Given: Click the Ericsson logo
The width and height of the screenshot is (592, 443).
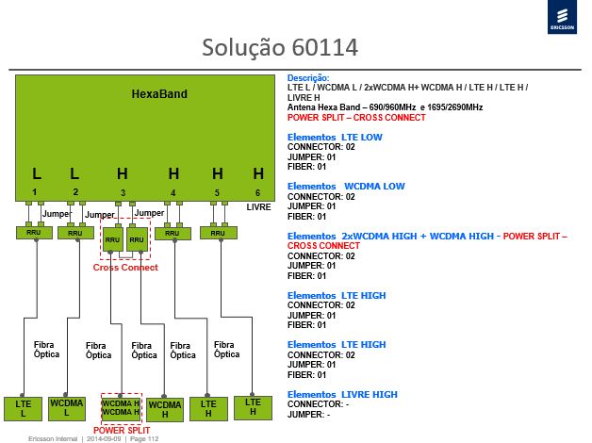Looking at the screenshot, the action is (x=562, y=17).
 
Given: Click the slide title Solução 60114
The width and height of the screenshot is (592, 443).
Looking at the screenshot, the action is (x=280, y=47).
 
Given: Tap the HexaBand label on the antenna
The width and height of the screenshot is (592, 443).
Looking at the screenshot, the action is (x=159, y=94).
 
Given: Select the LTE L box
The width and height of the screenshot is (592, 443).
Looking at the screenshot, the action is (x=23, y=409).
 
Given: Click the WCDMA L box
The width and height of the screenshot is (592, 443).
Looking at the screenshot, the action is (x=67, y=408).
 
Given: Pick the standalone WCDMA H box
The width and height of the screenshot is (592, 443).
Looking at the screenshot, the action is (x=165, y=410).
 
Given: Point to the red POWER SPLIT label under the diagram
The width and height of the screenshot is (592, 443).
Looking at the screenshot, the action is (x=122, y=430).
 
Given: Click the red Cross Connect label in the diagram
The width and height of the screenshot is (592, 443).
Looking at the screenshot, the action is (x=125, y=267).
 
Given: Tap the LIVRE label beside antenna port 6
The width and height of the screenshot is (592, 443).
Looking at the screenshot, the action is (x=258, y=207).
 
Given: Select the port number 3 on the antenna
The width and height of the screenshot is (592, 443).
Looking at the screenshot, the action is (x=123, y=193).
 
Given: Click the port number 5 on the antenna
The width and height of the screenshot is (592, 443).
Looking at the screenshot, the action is (x=217, y=193).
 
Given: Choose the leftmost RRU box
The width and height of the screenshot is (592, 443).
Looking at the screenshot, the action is (x=34, y=233).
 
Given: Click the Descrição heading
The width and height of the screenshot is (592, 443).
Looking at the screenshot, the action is (x=308, y=78).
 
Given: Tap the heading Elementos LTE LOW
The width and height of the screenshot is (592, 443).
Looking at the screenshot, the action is (x=335, y=137).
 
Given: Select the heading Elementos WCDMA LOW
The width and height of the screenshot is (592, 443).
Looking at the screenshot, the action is (x=346, y=186).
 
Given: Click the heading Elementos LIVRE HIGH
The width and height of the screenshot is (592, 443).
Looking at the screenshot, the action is (x=342, y=394).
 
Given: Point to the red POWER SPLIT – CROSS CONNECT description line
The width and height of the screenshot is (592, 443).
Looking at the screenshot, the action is (x=356, y=118).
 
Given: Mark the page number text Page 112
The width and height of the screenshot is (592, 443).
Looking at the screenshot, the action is (x=144, y=439).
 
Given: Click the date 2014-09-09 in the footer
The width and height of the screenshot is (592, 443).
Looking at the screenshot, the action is (x=104, y=439).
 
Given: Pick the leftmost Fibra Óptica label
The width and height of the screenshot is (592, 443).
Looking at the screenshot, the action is (x=46, y=350).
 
